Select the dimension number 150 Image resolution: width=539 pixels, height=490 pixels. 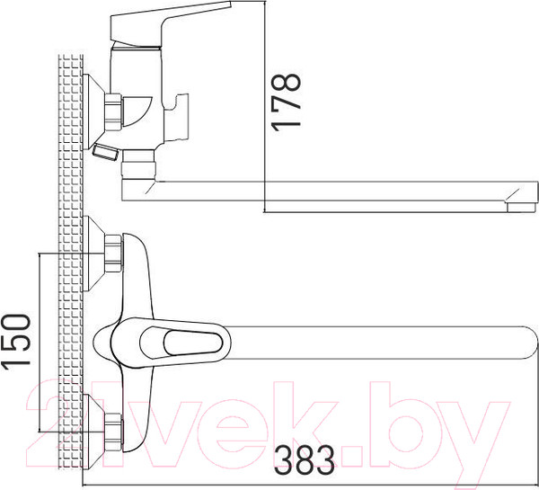click(19, 342)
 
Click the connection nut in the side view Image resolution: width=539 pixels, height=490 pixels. click(114, 111)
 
